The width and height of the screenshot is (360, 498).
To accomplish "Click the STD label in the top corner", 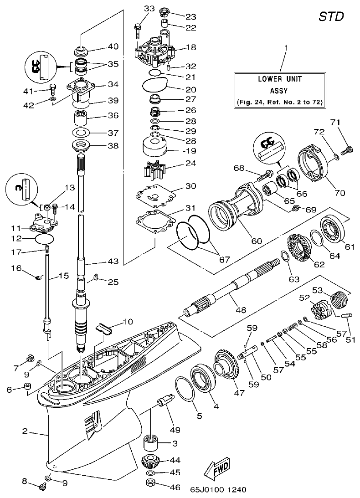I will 330,16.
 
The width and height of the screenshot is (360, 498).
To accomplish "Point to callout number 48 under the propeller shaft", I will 240,310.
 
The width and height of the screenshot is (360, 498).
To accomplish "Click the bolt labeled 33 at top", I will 138,27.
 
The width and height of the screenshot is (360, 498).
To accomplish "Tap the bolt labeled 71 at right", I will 347,148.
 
